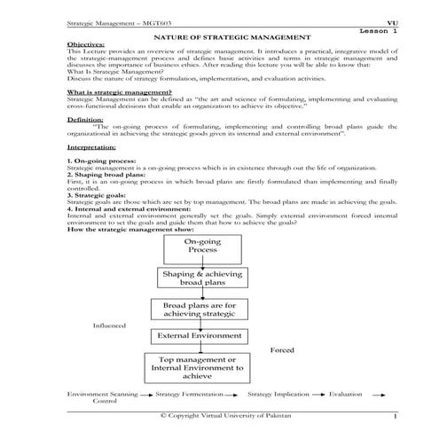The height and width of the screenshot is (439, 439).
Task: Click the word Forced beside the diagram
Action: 283,350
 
